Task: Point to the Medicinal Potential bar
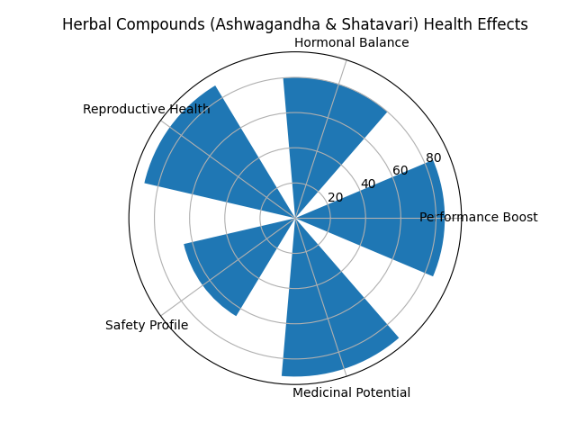pos(333,306)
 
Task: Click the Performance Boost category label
pos(478,217)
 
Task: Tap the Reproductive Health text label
pos(146,110)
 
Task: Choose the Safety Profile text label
pos(147,325)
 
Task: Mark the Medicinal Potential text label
pos(351,392)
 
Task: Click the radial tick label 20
pos(336,198)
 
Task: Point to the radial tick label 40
pos(368,184)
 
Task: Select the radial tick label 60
pos(400,171)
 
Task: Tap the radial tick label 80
pos(433,158)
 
